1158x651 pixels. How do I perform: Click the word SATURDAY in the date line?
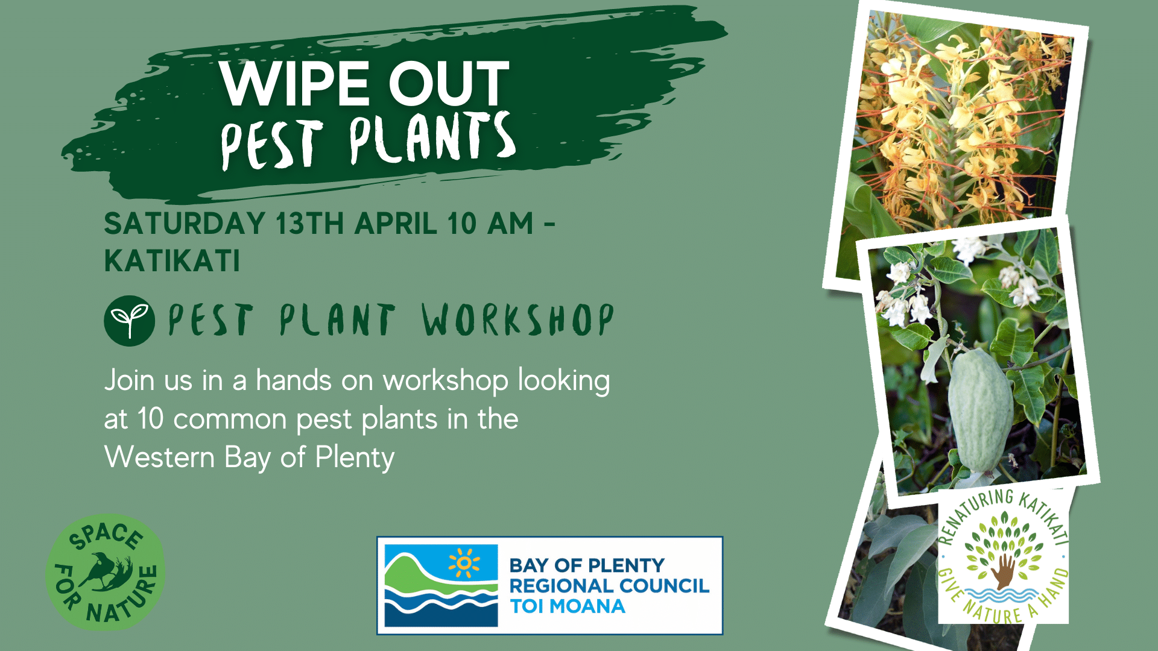click(x=185, y=224)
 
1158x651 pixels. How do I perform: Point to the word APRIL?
click(x=396, y=224)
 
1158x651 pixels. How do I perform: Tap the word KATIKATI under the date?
click(x=172, y=261)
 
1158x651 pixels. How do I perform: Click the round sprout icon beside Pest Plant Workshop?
click(x=129, y=321)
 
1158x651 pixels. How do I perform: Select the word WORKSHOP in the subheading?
click(x=517, y=319)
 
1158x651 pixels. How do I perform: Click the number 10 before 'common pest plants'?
click(x=151, y=419)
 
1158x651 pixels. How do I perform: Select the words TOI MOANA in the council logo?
click(x=568, y=606)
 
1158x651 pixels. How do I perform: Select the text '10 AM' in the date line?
click(x=490, y=224)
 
